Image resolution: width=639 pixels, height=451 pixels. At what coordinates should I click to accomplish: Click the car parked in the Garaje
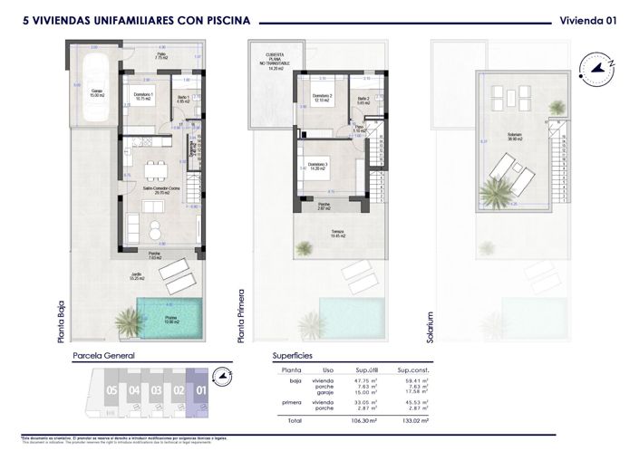click(94, 91)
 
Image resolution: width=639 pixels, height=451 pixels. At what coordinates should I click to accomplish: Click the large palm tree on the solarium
click(494, 192)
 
